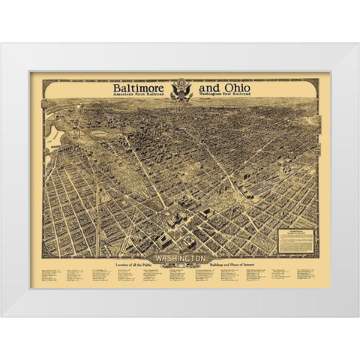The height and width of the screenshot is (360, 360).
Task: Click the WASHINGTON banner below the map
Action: coord(181,257)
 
